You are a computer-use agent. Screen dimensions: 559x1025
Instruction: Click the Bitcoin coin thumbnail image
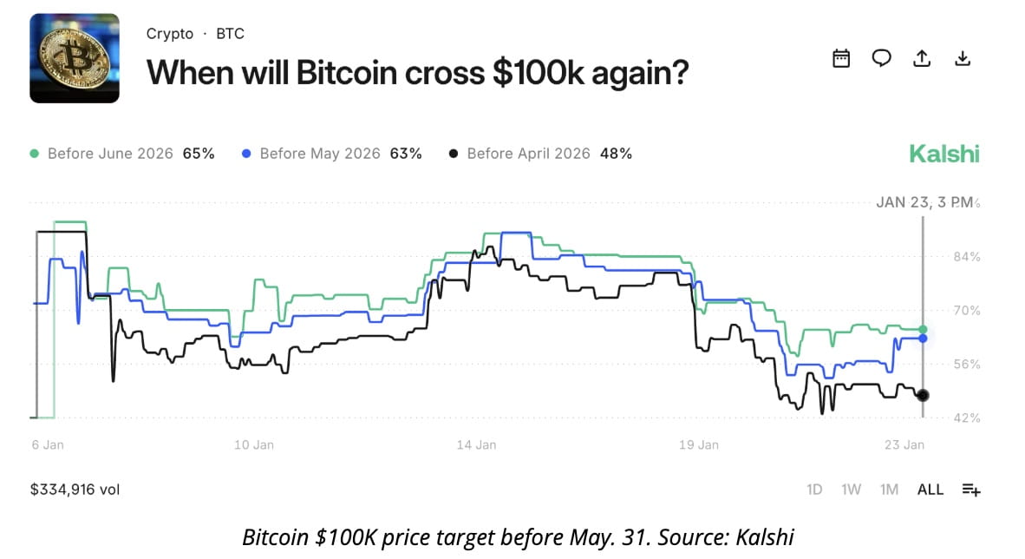75,58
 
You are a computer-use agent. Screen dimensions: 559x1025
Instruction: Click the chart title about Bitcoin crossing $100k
417,72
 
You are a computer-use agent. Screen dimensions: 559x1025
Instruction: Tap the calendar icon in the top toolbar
840,58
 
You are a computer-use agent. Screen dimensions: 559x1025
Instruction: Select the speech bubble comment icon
881,58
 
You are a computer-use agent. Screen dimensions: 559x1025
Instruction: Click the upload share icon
922,58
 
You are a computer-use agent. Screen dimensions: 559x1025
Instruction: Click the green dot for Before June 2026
35,154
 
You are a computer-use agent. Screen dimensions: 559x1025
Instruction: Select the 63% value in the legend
405,154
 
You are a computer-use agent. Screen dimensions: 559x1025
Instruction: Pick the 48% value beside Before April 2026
616,154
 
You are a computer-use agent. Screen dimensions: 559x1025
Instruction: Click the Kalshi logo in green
943,155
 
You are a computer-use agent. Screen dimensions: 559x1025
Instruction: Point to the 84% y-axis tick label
966,256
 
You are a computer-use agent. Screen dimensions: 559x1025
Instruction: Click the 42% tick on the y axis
966,418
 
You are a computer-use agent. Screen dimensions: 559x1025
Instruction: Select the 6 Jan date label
48,444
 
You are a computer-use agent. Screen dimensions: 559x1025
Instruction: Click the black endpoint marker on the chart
923,395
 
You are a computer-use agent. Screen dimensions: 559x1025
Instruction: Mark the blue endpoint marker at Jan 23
923,338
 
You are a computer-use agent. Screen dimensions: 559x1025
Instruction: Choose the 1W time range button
851,490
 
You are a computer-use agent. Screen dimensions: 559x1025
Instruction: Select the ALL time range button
930,490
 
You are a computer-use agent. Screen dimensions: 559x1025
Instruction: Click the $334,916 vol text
75,490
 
